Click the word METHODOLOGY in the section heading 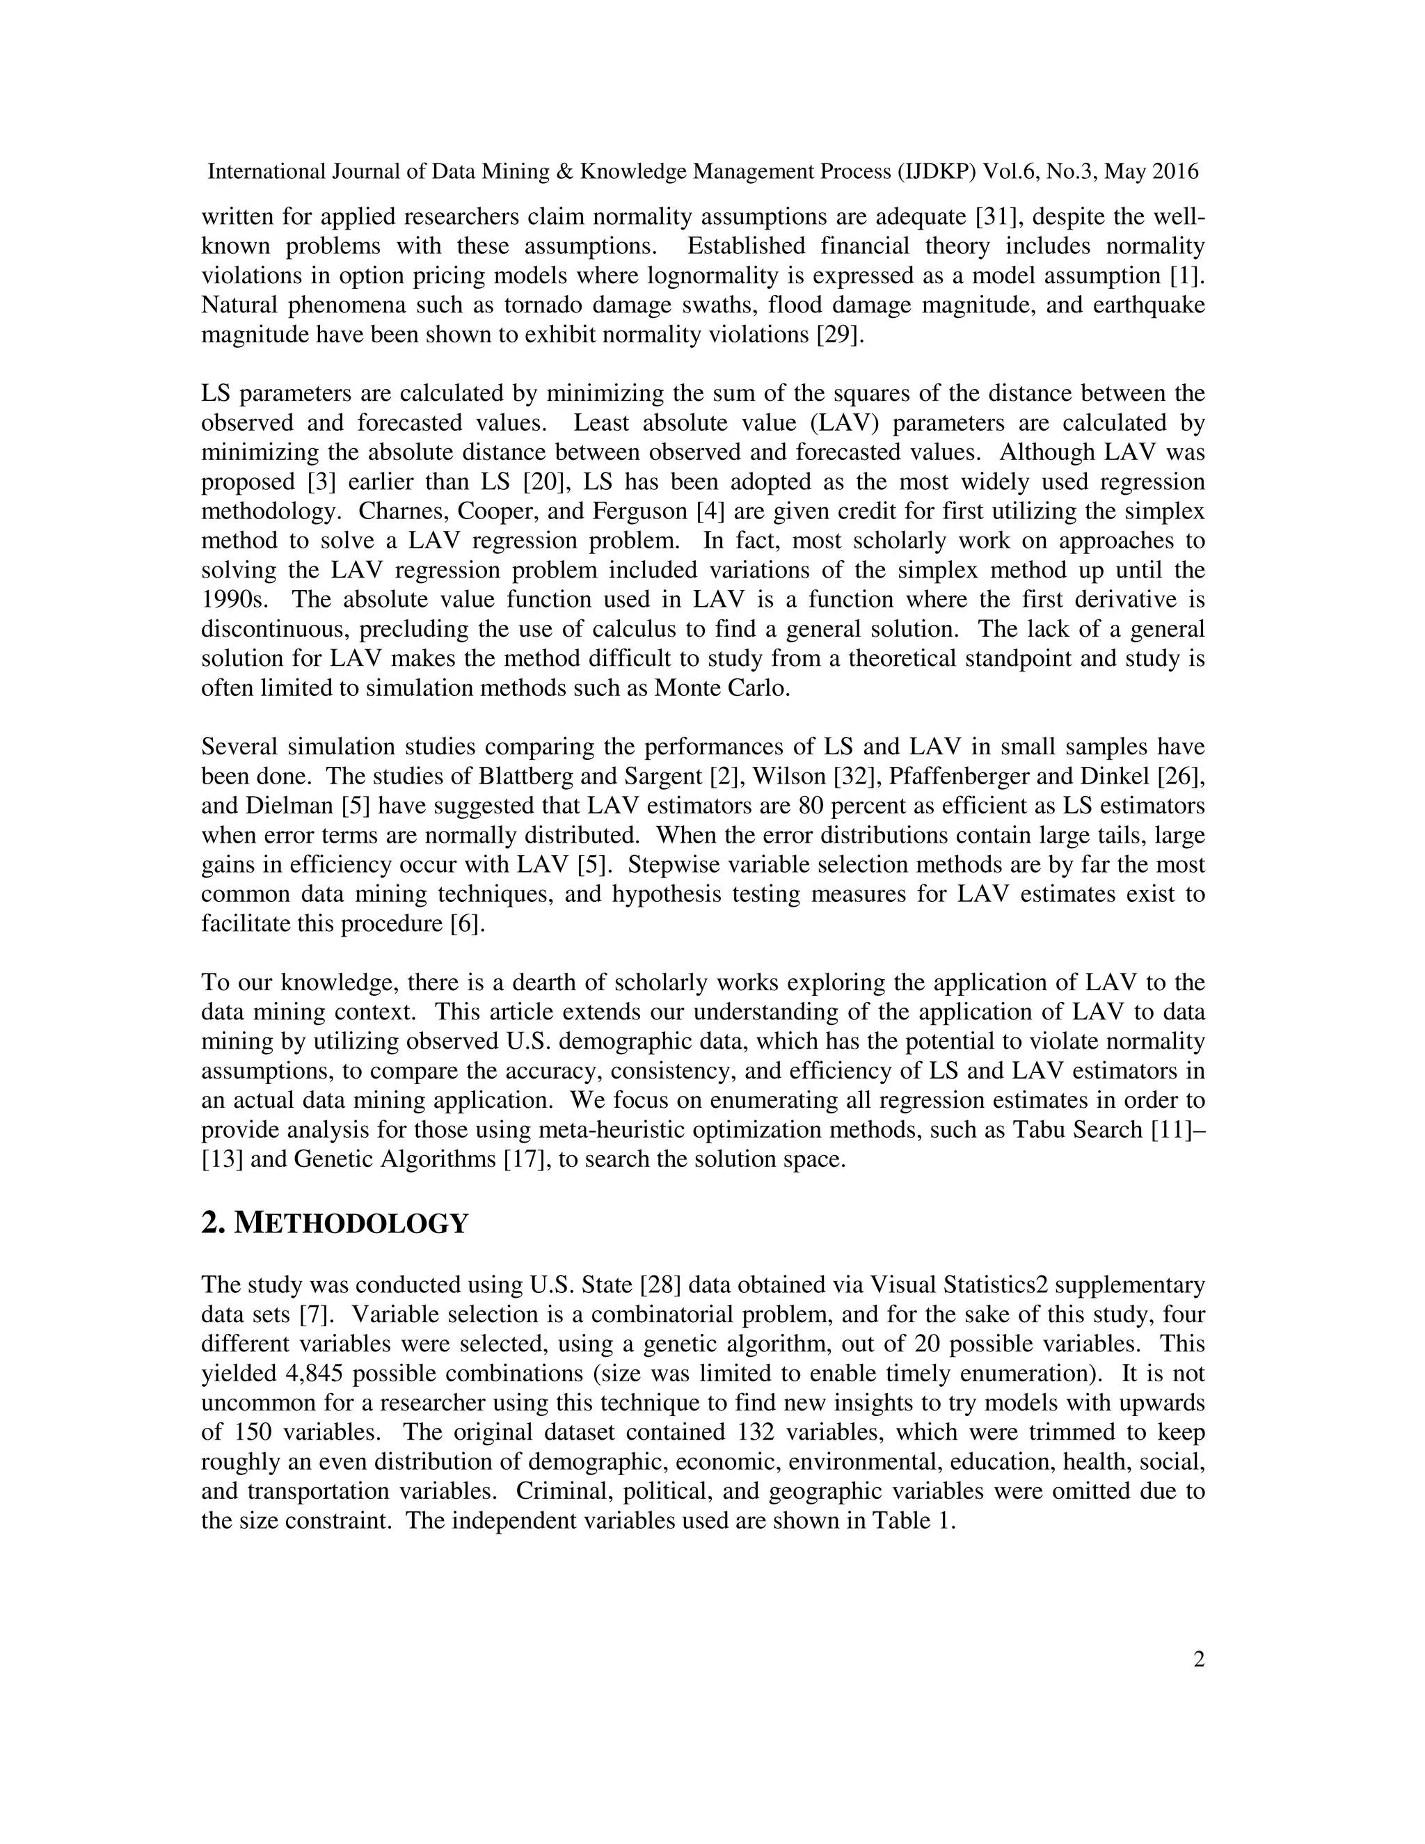(351, 1223)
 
